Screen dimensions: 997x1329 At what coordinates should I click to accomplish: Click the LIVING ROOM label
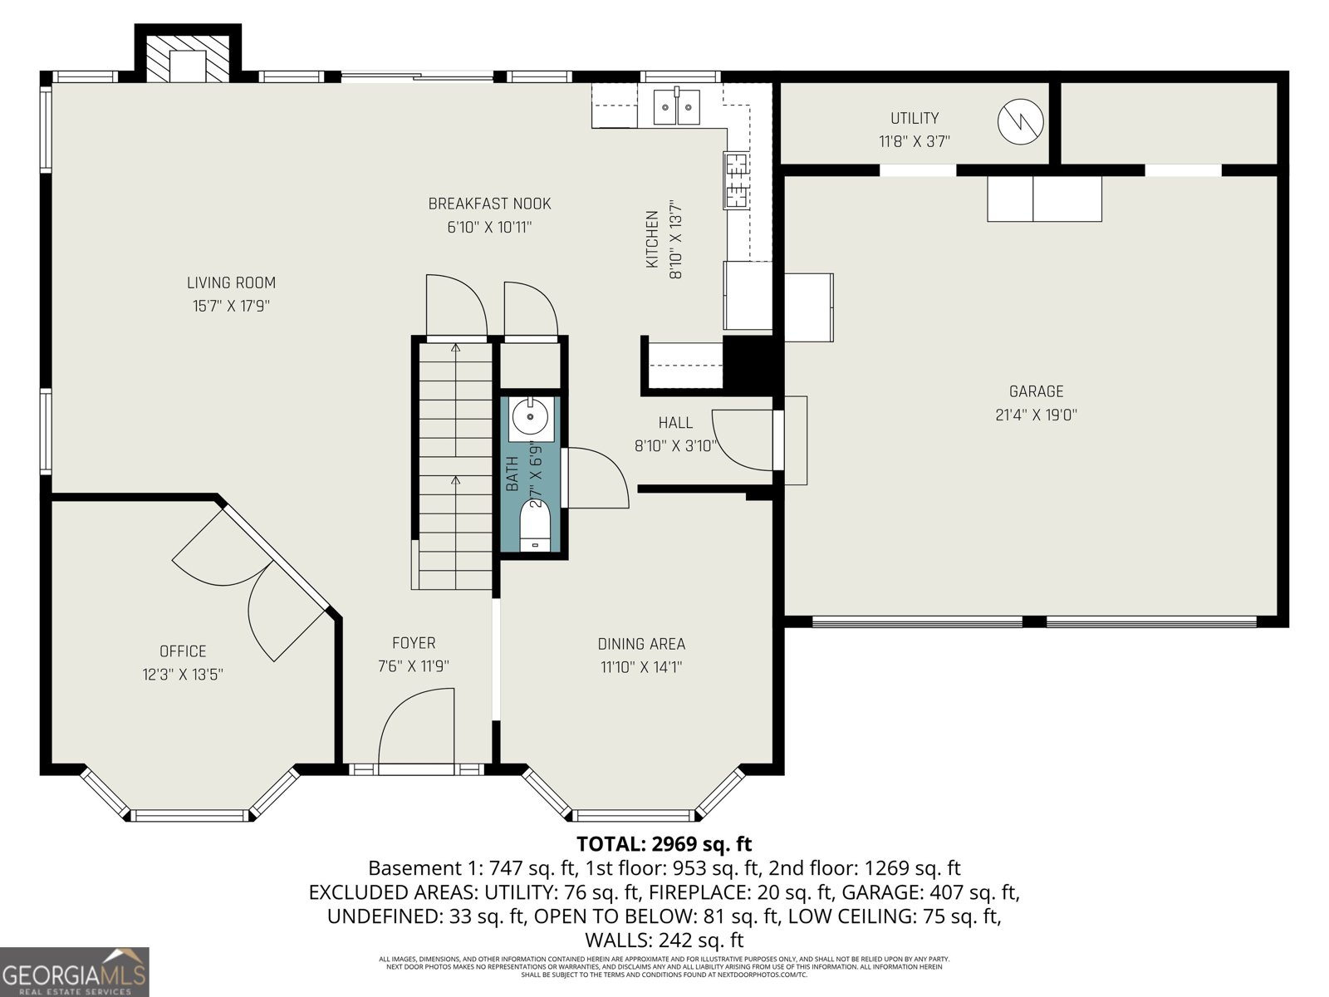pos(231,283)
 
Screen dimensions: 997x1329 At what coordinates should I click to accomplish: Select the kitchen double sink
pos(677,106)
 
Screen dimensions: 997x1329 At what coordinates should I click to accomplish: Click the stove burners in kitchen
pos(736,179)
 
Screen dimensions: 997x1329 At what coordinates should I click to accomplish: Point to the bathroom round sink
pos(529,416)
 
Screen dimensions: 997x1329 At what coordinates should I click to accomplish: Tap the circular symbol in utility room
pos(1020,121)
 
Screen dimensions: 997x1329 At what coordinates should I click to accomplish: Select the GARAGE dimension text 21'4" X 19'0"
pos(1036,415)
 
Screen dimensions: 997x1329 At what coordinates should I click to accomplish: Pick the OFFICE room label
pos(183,651)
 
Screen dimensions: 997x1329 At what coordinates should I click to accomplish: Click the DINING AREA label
pos(641,644)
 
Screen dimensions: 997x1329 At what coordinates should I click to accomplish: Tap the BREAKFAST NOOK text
pos(489,204)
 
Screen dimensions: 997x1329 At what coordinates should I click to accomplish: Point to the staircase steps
pos(455,465)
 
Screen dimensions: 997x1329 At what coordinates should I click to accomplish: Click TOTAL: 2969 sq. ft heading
pos(664,844)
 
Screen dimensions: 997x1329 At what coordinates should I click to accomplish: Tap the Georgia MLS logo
pos(74,971)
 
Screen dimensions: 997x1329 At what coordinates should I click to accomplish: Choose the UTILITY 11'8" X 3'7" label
pos(915,130)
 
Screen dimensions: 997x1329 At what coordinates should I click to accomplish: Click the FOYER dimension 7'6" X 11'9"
pos(414,666)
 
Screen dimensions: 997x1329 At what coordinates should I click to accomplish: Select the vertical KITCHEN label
pos(653,238)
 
